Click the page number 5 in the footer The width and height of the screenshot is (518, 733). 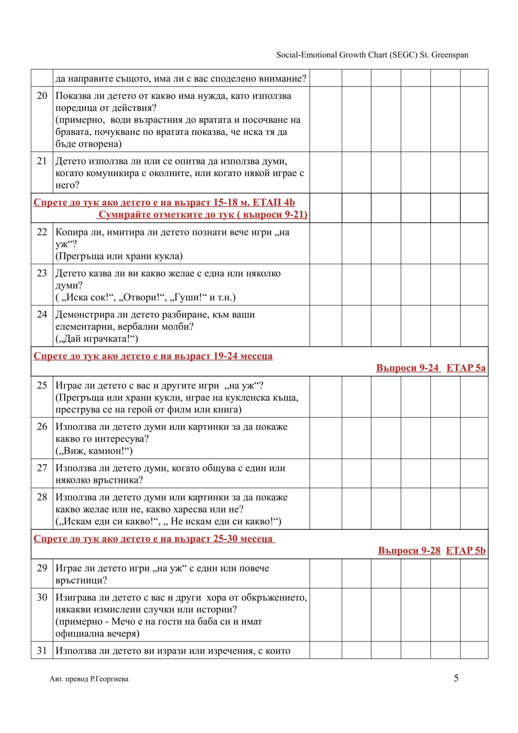point(456,678)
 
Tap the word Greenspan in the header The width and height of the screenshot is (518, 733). point(450,55)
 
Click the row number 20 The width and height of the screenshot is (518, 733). point(42,96)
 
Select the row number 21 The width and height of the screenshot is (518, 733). point(42,161)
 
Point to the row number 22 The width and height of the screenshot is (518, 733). point(42,232)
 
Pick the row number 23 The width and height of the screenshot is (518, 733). point(42,273)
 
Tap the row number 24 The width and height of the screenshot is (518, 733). point(42,314)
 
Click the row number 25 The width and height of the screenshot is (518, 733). point(42,385)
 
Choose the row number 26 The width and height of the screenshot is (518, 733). point(42,426)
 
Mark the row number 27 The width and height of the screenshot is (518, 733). point(42,468)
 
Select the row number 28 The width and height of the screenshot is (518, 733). point(42,497)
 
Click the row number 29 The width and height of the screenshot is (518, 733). point(42,568)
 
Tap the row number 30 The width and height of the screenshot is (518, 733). point(42,597)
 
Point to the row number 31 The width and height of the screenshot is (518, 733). point(42,650)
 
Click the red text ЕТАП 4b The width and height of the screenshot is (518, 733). point(274,203)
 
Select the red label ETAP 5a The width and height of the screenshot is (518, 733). point(466,368)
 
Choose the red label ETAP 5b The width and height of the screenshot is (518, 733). point(465,550)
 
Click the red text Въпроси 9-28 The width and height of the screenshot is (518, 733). point(409,550)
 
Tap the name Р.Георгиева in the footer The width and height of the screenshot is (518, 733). point(109,679)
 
